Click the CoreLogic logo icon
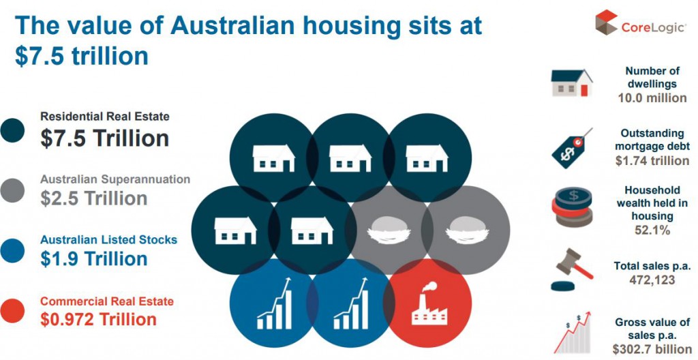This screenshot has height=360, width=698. click(607, 22)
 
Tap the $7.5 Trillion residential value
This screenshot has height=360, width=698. click(104, 138)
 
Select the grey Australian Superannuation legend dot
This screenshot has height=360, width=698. click(12, 191)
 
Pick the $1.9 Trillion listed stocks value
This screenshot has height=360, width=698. click(93, 259)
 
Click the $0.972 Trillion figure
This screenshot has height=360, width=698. click(98, 319)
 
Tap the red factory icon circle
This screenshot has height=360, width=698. click(427, 303)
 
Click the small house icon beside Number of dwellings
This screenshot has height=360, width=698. click(572, 83)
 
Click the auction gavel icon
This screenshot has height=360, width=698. click(572, 270)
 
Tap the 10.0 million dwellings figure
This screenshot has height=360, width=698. click(652, 97)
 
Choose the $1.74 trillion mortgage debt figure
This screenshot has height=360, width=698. click(652, 160)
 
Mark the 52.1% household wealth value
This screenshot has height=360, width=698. click(652, 230)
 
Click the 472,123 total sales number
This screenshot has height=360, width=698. click(652, 280)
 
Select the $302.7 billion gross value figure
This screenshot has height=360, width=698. click(652, 349)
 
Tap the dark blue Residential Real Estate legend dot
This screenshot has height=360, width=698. click(12, 130)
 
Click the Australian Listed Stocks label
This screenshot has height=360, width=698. click(108, 240)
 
